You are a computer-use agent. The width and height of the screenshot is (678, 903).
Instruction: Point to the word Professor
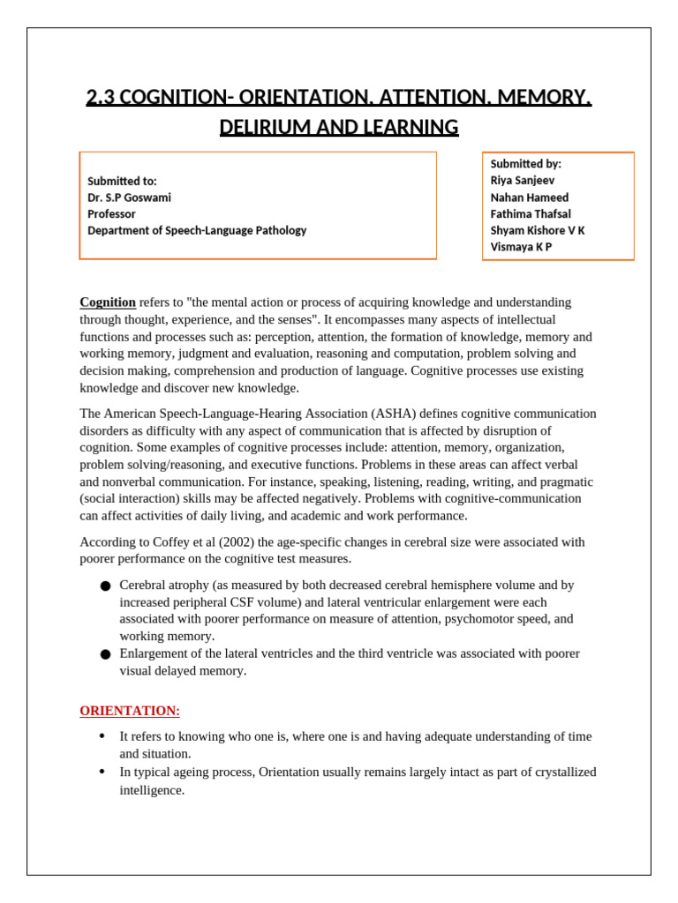(x=112, y=214)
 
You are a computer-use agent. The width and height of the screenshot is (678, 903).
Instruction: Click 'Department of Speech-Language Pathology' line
(x=197, y=231)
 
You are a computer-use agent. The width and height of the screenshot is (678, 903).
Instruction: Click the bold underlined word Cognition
(x=108, y=302)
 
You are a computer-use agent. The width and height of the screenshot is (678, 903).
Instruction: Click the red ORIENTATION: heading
(x=130, y=711)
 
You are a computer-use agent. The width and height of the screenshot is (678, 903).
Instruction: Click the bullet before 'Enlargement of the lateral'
(x=105, y=655)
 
